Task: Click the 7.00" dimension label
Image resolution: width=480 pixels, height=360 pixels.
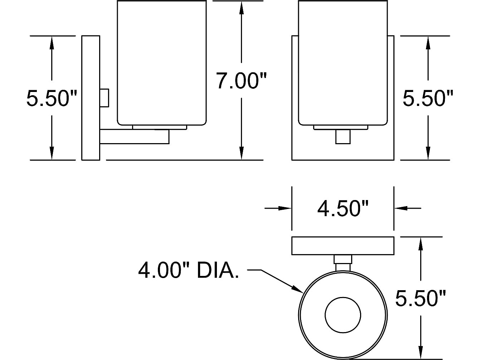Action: (x=241, y=81)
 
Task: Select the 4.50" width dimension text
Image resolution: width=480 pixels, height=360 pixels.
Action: (x=343, y=209)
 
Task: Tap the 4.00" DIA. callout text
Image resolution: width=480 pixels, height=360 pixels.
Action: (x=189, y=271)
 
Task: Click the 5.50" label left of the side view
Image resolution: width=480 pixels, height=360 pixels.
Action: (x=52, y=98)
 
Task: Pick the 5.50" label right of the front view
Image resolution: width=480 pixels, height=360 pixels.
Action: (x=428, y=98)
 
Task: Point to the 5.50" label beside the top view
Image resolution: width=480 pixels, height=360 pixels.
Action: (x=420, y=298)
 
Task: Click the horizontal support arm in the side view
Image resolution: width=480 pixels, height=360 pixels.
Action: (x=135, y=137)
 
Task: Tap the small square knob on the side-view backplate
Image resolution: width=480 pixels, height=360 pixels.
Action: (x=104, y=98)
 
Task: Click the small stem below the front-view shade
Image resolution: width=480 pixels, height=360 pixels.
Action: (x=343, y=137)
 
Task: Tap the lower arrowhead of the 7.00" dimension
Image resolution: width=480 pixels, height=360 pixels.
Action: (x=241, y=153)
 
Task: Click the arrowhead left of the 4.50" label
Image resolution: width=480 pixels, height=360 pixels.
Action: (x=285, y=208)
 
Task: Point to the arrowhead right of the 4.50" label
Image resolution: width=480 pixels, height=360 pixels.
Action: (x=401, y=208)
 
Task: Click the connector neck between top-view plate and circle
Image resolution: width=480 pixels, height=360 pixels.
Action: (x=343, y=263)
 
